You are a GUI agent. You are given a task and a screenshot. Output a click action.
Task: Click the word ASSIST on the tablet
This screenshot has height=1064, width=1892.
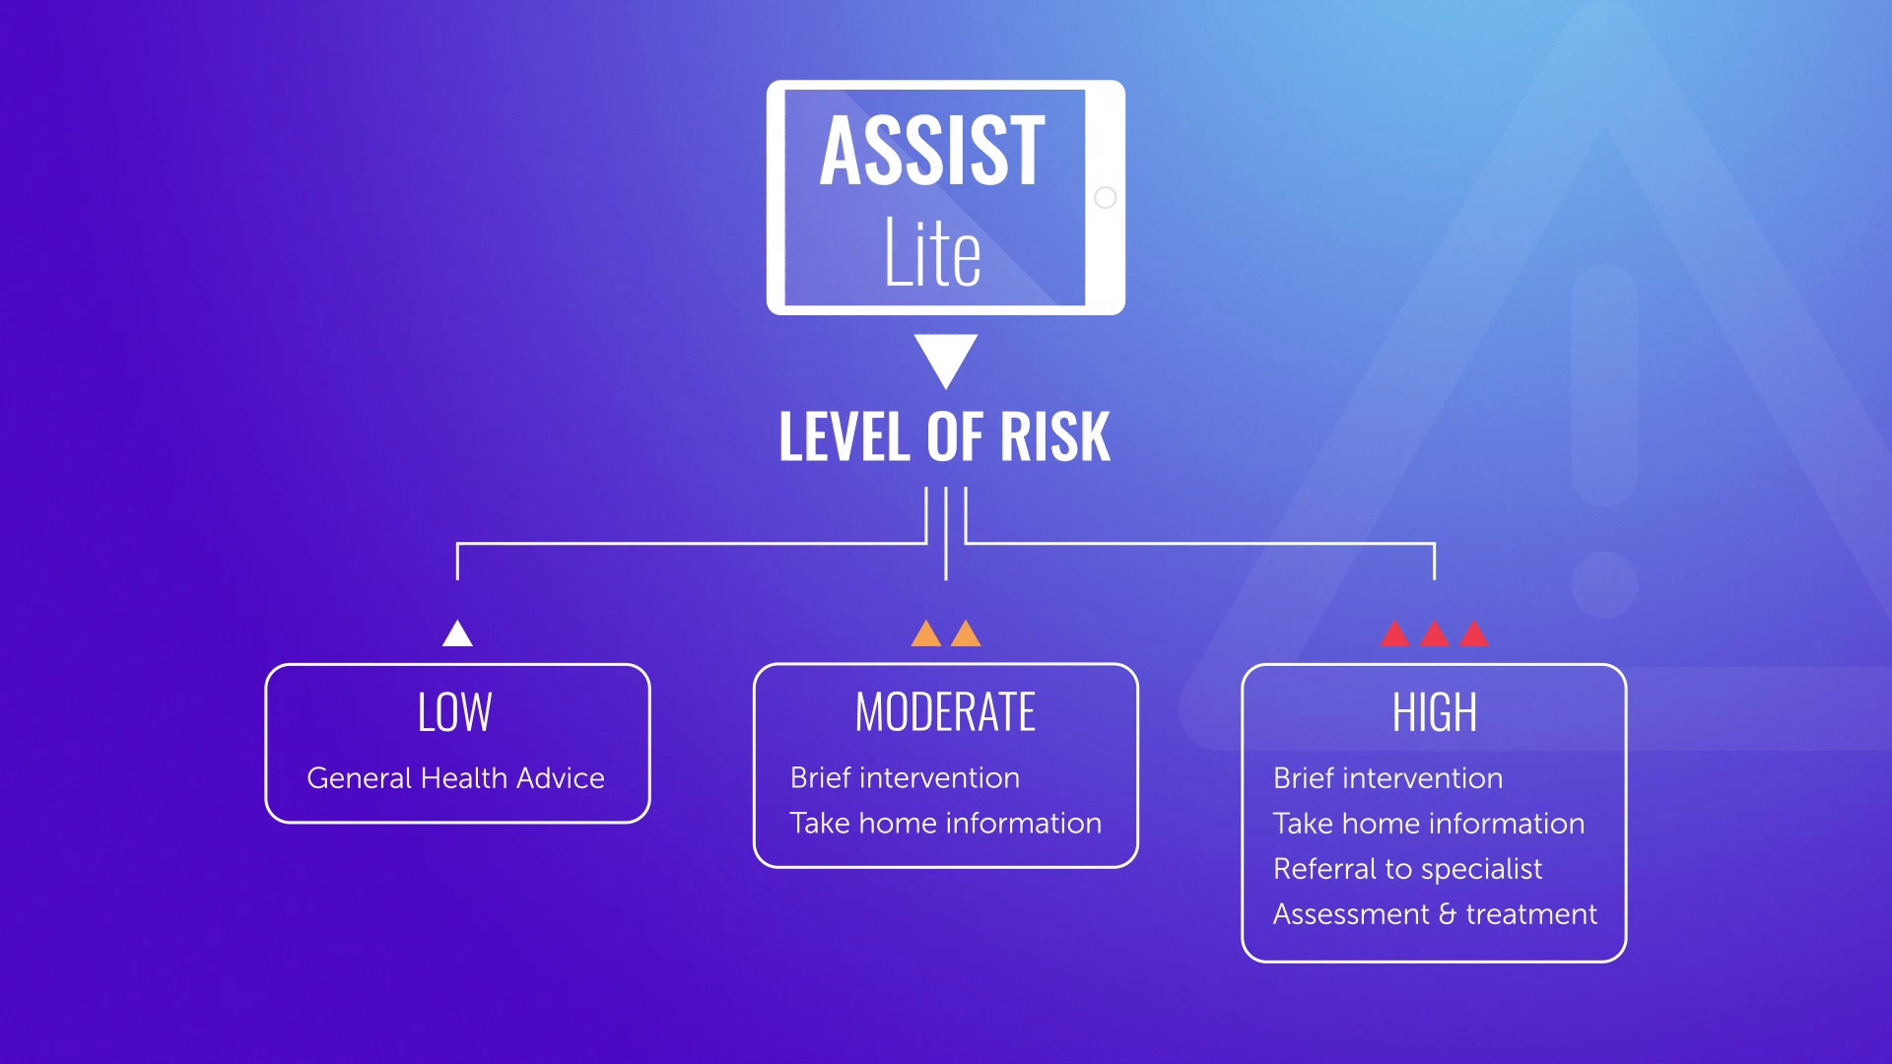tap(932, 150)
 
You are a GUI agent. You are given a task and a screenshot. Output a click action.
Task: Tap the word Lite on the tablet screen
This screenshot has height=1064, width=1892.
tap(932, 252)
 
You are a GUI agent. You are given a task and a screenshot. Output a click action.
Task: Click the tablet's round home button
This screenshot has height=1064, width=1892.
tap(1106, 197)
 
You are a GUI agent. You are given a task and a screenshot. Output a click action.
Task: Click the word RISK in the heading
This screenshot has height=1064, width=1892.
tap(1055, 436)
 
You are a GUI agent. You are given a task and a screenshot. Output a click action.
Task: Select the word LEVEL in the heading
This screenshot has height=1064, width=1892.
tap(845, 436)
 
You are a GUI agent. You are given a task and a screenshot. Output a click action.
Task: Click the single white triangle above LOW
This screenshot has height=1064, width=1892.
tap(457, 632)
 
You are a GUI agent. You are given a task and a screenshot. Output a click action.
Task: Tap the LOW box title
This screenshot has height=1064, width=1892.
tap(454, 711)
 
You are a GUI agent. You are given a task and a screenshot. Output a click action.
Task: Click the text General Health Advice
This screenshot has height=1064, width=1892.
tap(455, 777)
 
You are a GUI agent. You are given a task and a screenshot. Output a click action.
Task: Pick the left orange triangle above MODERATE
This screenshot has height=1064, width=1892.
tap(926, 632)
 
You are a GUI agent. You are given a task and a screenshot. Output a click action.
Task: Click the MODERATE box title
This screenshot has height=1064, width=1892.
tap(945, 711)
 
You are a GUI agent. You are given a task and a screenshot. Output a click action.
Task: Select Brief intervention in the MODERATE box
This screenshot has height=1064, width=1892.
tap(905, 777)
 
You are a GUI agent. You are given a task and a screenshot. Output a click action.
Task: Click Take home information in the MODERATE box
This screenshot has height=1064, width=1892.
tap(946, 823)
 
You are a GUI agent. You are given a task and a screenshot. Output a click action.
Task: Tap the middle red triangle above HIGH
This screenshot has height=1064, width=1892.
tap(1435, 632)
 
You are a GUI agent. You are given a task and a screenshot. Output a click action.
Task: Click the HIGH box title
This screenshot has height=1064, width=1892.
tap(1435, 711)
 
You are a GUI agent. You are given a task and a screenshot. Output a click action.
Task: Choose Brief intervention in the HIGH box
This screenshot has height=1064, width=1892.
tap(1388, 777)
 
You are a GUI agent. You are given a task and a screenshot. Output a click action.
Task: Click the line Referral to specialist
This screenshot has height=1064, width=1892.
tap(1408, 868)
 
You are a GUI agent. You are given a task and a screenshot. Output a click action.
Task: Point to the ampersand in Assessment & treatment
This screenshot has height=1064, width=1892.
tap(1448, 914)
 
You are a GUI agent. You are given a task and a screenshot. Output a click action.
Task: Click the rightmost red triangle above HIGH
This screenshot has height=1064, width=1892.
tap(1474, 632)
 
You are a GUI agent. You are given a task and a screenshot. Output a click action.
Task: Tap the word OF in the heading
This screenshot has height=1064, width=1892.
tap(954, 436)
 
